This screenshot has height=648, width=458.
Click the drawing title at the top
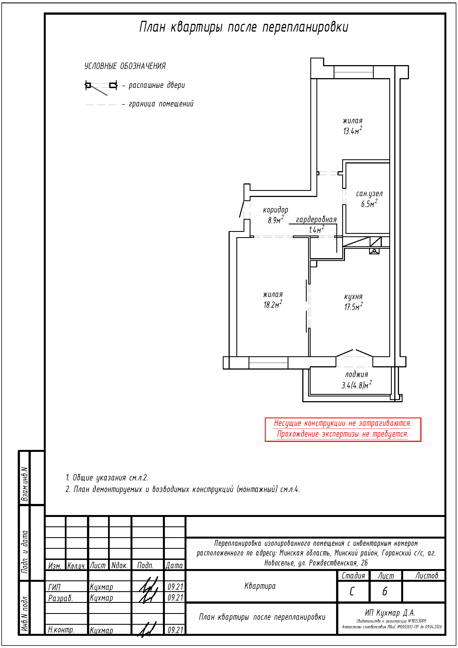pyautogui.click(x=244, y=27)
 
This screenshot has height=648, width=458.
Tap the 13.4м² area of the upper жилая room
pyautogui.click(x=352, y=131)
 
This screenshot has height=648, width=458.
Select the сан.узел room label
pyautogui.click(x=369, y=194)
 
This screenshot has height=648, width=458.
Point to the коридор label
pyautogui.click(x=275, y=210)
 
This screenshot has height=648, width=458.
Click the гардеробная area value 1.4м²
pyautogui.click(x=316, y=229)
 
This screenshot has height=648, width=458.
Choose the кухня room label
pyautogui.click(x=353, y=297)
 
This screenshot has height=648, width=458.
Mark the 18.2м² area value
pyautogui.click(x=273, y=304)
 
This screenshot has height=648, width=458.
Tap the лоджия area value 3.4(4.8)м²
pyautogui.click(x=356, y=385)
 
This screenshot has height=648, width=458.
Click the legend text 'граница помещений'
pyautogui.click(x=161, y=104)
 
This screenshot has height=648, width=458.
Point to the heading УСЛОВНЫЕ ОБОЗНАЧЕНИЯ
pyautogui.click(x=125, y=66)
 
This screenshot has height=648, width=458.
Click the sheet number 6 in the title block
pyautogui.click(x=385, y=591)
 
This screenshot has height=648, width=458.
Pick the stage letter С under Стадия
pyautogui.click(x=352, y=591)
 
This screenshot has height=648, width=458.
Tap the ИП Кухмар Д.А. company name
pyautogui.click(x=390, y=613)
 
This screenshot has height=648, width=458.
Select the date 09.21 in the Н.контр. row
pyautogui.click(x=175, y=630)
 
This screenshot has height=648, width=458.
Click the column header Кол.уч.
pyautogui.click(x=76, y=566)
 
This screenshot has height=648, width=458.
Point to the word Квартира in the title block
pyautogui.click(x=260, y=586)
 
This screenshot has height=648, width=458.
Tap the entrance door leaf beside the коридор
pyautogui.click(x=242, y=209)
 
